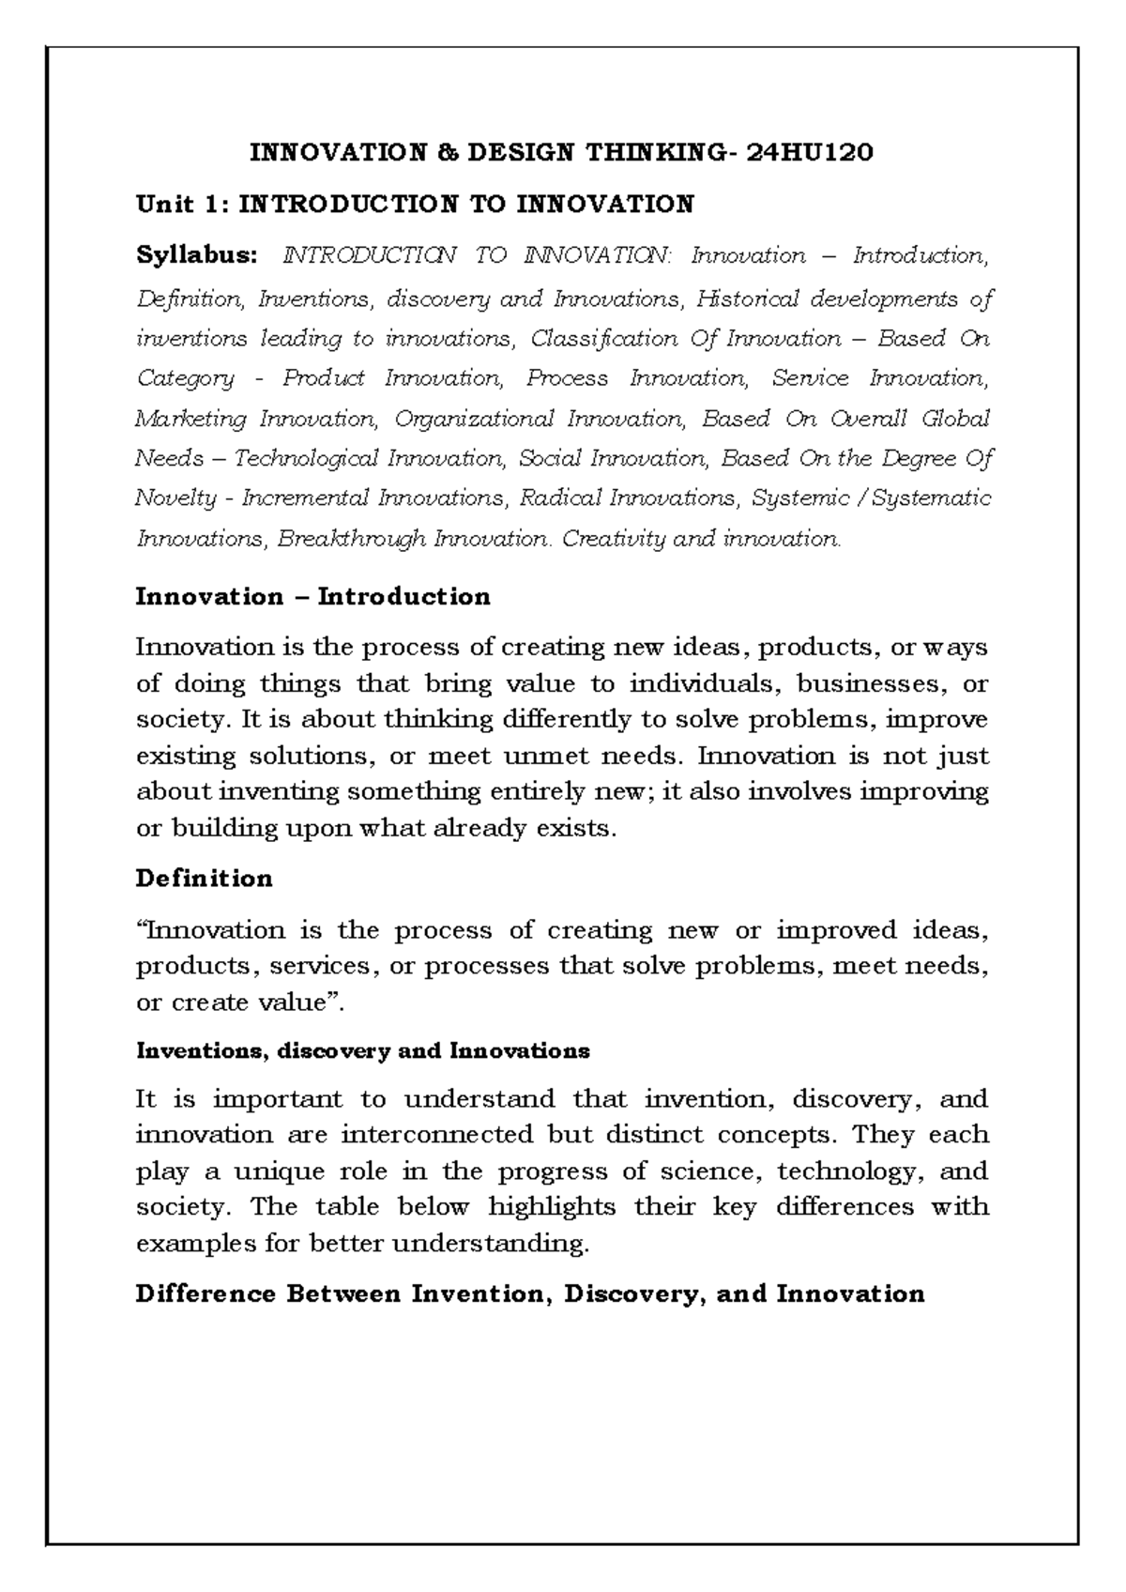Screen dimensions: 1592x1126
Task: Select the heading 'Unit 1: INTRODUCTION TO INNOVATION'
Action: click(415, 204)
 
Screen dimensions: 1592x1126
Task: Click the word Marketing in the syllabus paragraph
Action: click(190, 419)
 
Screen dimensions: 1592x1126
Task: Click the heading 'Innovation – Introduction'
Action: click(312, 597)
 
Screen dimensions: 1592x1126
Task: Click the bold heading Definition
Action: click(204, 879)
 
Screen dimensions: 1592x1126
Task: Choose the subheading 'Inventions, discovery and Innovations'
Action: click(362, 1051)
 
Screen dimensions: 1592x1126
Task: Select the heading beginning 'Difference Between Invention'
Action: click(530, 1294)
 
